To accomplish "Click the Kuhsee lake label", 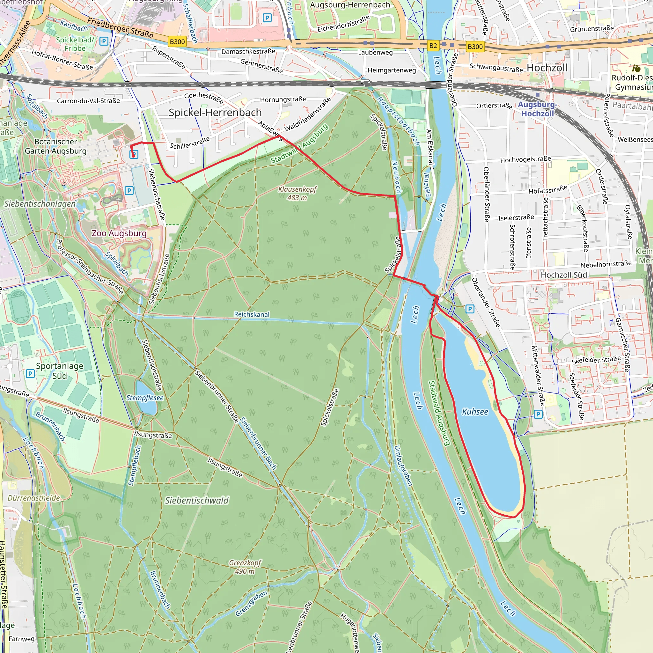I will (475, 412).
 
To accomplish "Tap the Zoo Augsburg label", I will (119, 233).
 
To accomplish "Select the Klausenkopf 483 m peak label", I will (297, 193).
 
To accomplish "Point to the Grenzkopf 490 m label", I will (245, 567).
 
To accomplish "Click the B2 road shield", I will (433, 46).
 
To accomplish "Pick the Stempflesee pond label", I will (145, 398).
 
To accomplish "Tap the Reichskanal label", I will (252, 314).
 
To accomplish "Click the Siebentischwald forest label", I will (197, 501).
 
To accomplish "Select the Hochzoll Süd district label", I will (564, 275).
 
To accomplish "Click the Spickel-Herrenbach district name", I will (215, 113).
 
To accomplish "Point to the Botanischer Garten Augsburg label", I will (56, 146).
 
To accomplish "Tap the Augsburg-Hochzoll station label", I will (537, 109).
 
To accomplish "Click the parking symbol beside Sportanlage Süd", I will (30, 373).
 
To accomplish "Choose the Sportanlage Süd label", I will (60, 371).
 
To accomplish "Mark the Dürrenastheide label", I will (34, 498).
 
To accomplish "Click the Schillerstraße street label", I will (190, 143).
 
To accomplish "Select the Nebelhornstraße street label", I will (606, 264).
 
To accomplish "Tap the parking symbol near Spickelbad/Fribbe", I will (104, 41).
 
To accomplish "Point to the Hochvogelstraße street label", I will (525, 159).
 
